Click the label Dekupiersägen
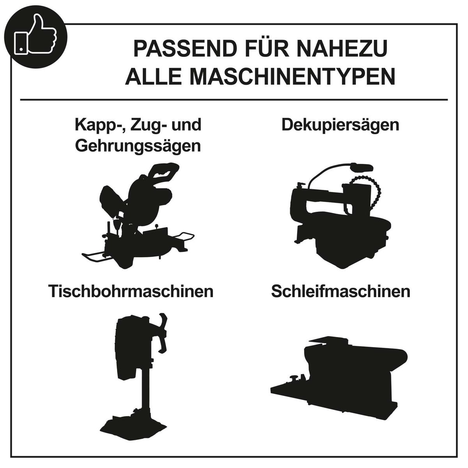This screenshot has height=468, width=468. (x=340, y=125)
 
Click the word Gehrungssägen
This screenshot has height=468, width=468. (x=138, y=146)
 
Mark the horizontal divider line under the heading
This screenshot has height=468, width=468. (x=234, y=100)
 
